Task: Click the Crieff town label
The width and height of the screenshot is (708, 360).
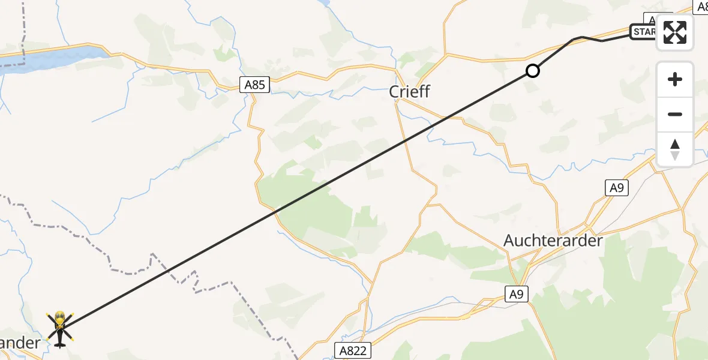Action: [x=410, y=92]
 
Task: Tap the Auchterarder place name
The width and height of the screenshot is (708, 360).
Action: [x=553, y=241]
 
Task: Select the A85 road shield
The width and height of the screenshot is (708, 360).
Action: [x=256, y=85]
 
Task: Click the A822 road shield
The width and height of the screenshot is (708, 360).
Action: [x=352, y=350]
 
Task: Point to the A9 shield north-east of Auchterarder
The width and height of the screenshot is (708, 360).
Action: [x=617, y=188]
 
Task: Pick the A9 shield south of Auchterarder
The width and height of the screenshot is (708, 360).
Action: [x=516, y=293]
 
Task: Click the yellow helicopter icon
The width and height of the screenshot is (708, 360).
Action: [x=60, y=325]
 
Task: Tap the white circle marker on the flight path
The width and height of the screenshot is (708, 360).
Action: [x=532, y=71]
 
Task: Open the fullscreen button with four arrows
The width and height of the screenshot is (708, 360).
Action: [x=675, y=32]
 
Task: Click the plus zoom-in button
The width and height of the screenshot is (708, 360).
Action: [x=675, y=79]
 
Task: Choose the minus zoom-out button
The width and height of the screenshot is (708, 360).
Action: [x=675, y=114]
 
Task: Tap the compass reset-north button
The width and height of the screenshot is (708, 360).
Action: [x=675, y=149]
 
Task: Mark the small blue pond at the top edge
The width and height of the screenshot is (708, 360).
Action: [x=324, y=3]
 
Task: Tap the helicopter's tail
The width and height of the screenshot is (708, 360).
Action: [x=59, y=343]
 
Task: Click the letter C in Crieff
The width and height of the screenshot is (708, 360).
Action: [x=395, y=92]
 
